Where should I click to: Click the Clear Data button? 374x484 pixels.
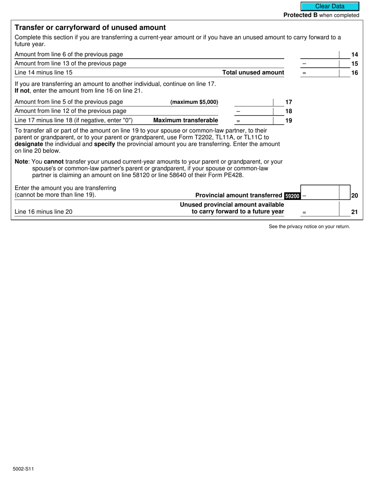(330, 6)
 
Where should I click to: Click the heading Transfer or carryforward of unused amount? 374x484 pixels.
(90, 28)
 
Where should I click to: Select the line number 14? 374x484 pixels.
(354, 54)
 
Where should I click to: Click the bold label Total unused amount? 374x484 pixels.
(253, 72)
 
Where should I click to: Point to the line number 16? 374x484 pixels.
(354, 72)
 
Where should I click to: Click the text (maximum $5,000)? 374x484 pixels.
(194, 102)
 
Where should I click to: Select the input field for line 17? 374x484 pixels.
(254, 102)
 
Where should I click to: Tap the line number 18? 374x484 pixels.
(289, 111)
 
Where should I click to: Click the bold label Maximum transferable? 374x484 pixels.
(185, 120)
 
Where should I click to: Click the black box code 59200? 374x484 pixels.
(292, 196)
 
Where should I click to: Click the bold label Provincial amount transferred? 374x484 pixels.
(239, 195)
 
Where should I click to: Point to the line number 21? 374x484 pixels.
(354, 212)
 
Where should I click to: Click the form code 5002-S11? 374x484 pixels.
(23, 469)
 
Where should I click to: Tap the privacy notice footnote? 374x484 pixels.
(309, 226)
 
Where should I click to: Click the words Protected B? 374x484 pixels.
(300, 15)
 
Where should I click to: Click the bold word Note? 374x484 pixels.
(21, 161)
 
